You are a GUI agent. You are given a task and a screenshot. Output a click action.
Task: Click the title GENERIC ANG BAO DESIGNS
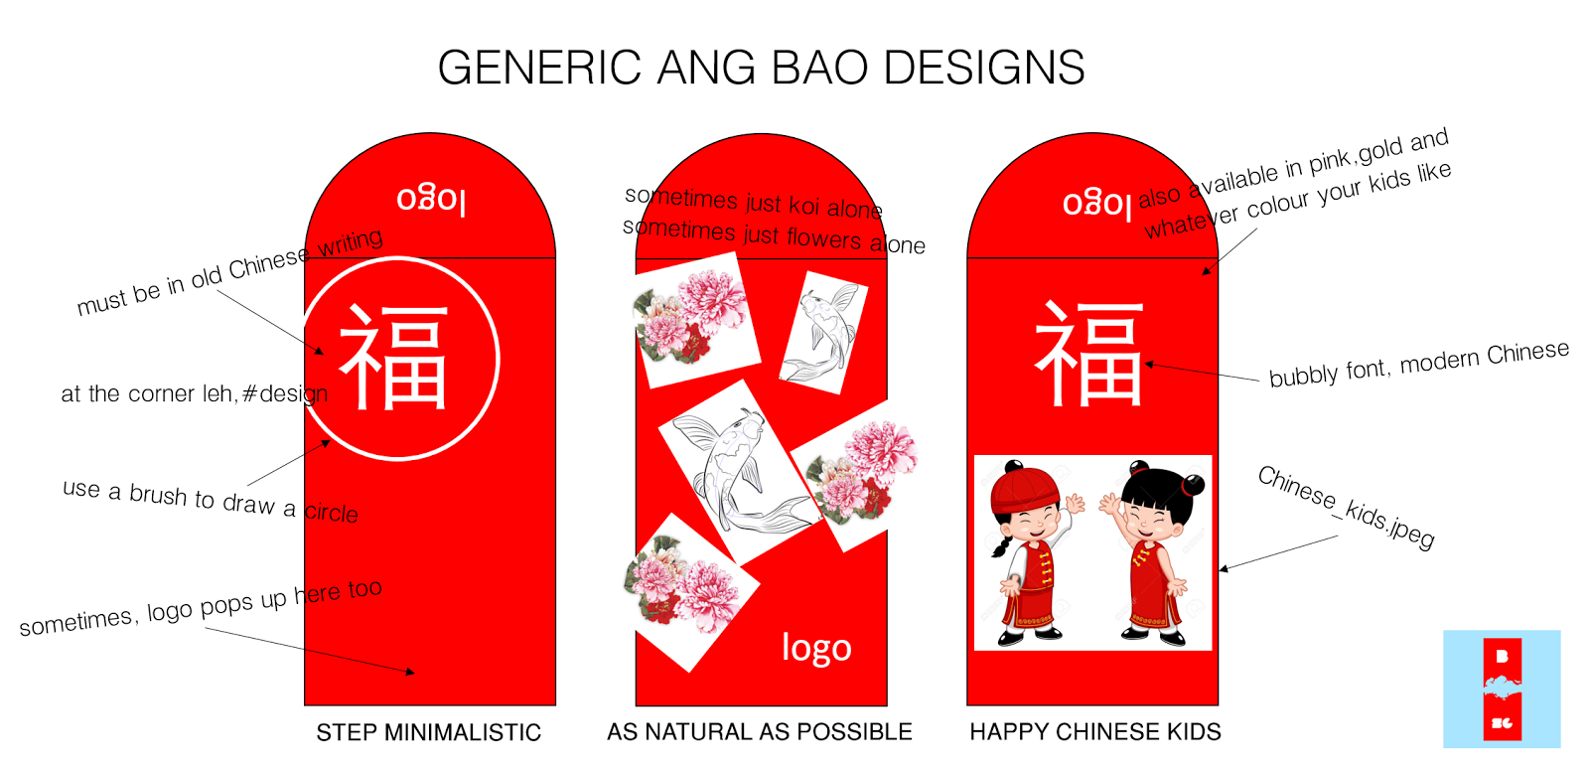click(761, 68)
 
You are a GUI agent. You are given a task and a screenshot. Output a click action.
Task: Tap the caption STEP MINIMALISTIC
click(428, 733)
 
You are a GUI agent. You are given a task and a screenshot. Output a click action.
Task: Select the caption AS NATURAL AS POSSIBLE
click(760, 732)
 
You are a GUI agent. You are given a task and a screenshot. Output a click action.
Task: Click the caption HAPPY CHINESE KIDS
click(1095, 732)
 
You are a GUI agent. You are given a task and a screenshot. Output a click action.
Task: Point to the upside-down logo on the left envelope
click(431, 199)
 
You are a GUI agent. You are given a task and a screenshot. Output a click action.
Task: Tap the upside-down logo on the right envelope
click(1096, 203)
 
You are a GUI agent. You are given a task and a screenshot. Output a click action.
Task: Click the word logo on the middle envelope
click(816, 648)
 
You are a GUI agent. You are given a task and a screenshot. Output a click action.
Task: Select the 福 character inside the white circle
click(394, 358)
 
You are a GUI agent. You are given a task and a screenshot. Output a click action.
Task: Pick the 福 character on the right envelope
click(1089, 354)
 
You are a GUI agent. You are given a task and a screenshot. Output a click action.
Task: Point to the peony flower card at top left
click(695, 318)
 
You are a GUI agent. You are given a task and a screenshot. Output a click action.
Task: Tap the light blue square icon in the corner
click(1502, 689)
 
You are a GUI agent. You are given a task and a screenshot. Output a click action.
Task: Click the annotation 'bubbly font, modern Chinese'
click(1418, 364)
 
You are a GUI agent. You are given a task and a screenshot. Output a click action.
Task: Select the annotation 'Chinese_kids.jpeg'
click(1346, 507)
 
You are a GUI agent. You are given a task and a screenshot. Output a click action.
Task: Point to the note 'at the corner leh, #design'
click(194, 393)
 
